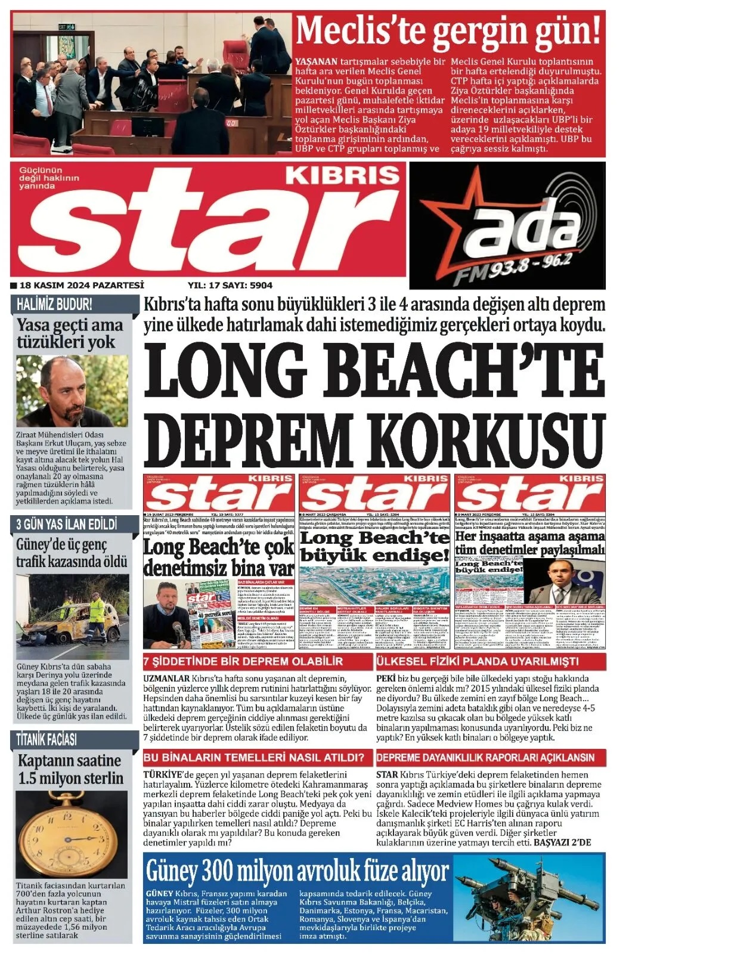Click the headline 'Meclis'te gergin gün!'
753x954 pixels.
coord(448,31)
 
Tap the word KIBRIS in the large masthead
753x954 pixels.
coord(342,175)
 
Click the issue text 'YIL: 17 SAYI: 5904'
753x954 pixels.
coord(230,285)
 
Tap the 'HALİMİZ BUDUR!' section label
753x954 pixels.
coord(55,304)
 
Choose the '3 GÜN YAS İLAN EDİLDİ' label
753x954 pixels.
coord(67,524)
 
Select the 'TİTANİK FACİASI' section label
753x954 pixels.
coord(47,739)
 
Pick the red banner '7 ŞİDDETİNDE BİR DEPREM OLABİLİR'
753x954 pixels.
coord(243,661)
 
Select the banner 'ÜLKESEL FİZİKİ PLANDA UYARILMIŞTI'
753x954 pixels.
coord(477,661)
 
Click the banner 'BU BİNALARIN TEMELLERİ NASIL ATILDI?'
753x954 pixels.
coord(254,757)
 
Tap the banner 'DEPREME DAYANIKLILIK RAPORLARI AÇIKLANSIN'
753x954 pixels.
coord(485,757)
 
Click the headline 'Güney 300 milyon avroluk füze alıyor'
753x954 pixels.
coord(297,871)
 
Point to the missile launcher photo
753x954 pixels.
coord(529,897)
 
